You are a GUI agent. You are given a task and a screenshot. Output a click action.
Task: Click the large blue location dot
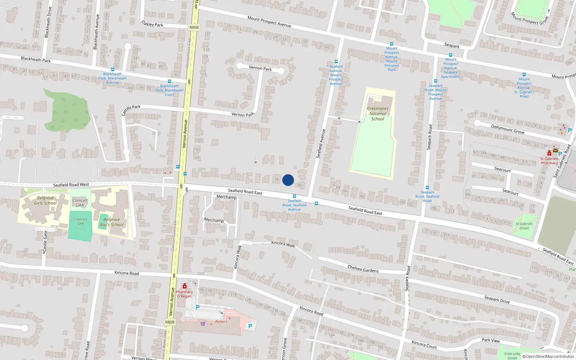(288, 180)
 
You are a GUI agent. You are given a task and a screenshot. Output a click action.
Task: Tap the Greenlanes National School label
(378, 113)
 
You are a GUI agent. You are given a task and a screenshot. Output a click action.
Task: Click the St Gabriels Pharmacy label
(549, 161)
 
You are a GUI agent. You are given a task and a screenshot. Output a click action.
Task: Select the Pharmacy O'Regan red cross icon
(185, 286)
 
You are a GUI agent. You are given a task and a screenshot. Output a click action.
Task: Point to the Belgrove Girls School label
(45, 201)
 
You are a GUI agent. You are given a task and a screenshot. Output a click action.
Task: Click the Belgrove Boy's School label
(112, 222)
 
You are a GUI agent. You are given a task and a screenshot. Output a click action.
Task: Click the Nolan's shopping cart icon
(203, 323)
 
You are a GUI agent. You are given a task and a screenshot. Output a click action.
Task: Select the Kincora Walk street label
(283, 244)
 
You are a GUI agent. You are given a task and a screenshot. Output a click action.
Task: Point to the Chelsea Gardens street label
(363, 269)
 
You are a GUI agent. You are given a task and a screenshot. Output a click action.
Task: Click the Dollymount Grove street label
(508, 129)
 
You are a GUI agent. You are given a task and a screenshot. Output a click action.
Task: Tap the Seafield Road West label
(71, 185)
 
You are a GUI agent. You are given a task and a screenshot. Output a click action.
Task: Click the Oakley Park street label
(152, 24)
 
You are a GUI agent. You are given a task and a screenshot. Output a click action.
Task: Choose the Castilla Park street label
(131, 109)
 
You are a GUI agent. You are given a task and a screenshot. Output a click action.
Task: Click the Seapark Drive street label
(497, 300)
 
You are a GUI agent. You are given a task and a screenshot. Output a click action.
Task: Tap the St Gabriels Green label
(524, 226)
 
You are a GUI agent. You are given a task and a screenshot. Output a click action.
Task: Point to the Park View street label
(491, 340)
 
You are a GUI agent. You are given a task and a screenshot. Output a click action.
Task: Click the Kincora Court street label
(424, 345)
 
